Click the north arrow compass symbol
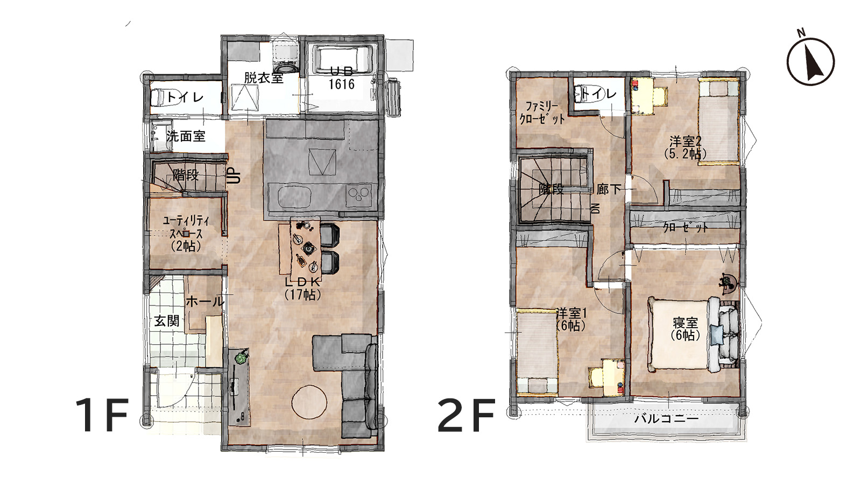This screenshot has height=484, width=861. click(x=810, y=61)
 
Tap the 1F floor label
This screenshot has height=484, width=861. click(x=102, y=415)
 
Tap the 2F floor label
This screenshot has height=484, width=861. click(x=466, y=415)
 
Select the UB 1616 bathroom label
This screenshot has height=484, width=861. click(x=342, y=79)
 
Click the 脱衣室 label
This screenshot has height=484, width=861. click(x=264, y=78)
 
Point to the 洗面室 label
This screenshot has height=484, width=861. click(x=186, y=136)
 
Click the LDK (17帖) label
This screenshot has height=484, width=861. click(x=303, y=288)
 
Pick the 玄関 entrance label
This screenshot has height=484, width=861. click(x=167, y=321)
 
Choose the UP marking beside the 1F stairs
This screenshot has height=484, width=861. click(x=235, y=175)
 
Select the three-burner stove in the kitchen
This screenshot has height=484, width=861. click(x=359, y=193)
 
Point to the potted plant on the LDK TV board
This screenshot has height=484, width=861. click(x=241, y=358)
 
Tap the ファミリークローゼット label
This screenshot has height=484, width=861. click(x=542, y=112)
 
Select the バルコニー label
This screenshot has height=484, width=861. click(x=667, y=418)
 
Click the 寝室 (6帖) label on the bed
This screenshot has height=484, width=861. click(x=686, y=329)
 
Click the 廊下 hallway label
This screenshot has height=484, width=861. click(x=609, y=189)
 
